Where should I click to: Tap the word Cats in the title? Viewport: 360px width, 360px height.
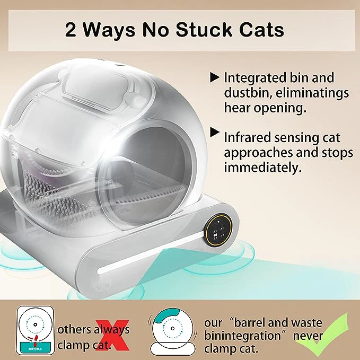(x=263, y=30)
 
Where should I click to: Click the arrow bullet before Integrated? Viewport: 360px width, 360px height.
(x=215, y=78)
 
